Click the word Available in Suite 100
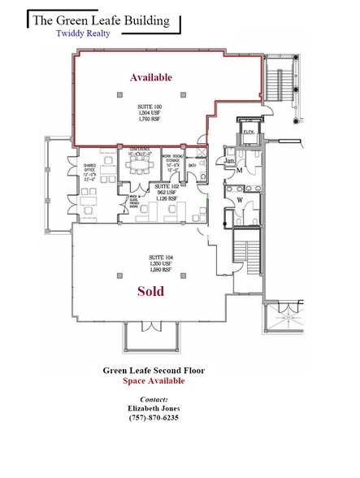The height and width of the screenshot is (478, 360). pos(151,77)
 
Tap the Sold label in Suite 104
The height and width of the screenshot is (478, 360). pos(151,290)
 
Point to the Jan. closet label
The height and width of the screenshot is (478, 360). pos(230,161)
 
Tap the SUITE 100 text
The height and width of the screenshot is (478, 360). pos(152,106)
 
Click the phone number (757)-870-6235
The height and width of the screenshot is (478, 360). pos(154,418)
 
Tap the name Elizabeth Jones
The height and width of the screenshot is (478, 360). pos(154,409)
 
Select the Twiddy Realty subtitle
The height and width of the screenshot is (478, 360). pos(84,34)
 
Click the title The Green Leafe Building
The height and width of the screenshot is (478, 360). pos(101,20)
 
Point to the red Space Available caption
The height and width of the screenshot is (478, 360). pos(154,380)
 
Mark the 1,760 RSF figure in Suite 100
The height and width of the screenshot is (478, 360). pos(152,119)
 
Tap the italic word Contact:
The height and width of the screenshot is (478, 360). pos(154,399)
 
